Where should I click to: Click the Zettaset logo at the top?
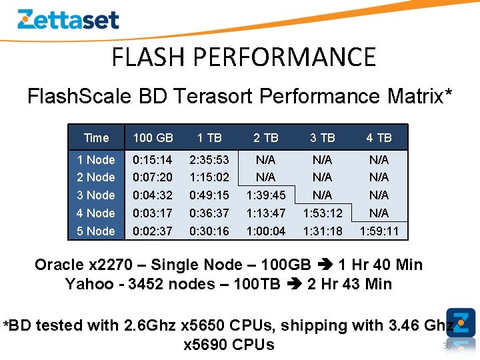pos(68,19)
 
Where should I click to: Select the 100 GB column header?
pos(153,138)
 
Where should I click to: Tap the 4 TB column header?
pos(379,138)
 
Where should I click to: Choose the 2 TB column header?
pos(265,138)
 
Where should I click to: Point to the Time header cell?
pos(96,138)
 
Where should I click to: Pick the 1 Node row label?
pos(96,160)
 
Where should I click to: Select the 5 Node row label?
pos(96,231)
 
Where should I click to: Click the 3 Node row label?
pos(96,195)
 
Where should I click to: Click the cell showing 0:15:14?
pos(153,160)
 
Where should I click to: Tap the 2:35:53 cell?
pos(209,160)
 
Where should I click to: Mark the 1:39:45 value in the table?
pos(265,195)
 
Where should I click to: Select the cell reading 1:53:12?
pos(322,213)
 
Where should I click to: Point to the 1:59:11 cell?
pos(379,231)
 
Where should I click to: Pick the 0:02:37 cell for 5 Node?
pos(153,231)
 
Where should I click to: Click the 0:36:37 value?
pos(209,213)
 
